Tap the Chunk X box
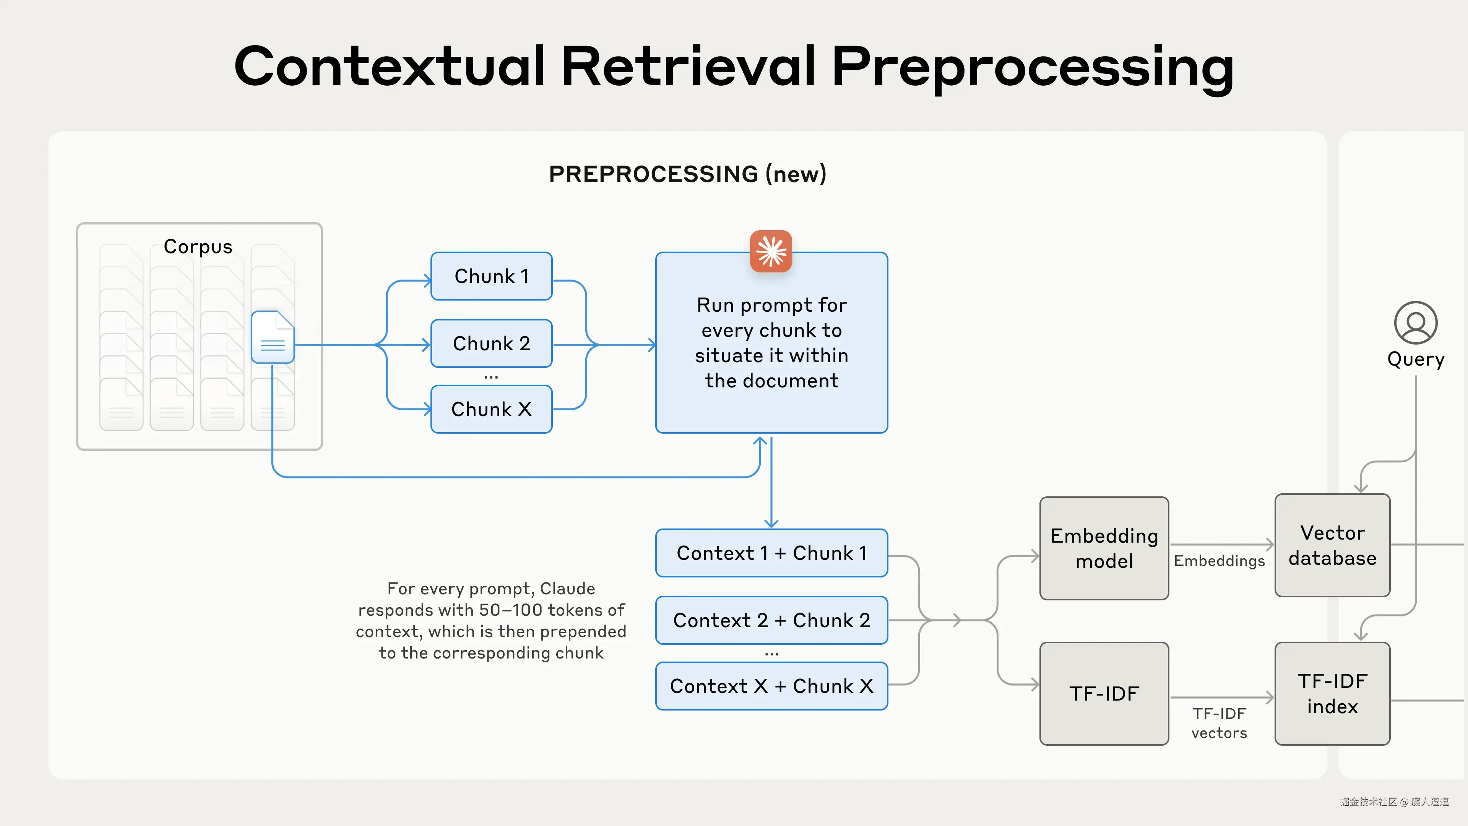click(x=491, y=409)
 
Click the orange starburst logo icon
click(x=771, y=251)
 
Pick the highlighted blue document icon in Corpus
click(x=273, y=337)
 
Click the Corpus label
click(x=198, y=247)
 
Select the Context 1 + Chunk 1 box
click(x=771, y=553)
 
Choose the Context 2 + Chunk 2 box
click(x=771, y=620)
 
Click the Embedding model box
click(x=1104, y=548)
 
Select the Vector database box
click(x=1332, y=546)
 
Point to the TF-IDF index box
click(x=1332, y=694)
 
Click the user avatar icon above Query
click(x=1416, y=323)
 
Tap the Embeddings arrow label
click(x=1219, y=561)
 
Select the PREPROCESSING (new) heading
click(x=687, y=174)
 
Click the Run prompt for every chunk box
click(x=771, y=343)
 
